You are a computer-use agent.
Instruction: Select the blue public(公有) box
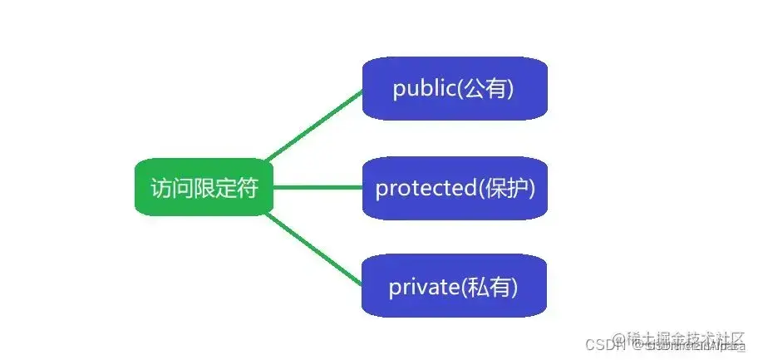(x=454, y=88)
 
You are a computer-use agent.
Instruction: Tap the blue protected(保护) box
(x=454, y=188)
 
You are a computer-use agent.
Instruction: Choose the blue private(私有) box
(x=454, y=287)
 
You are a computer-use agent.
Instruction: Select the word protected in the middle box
(x=424, y=189)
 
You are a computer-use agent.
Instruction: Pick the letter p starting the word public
(x=399, y=91)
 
